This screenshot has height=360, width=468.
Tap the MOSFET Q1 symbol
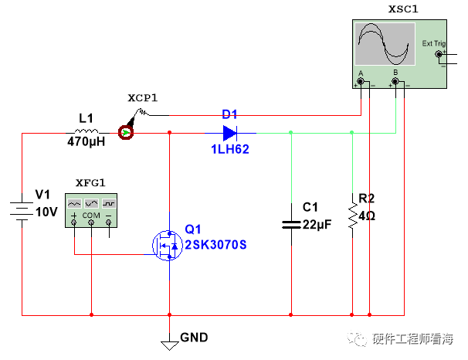coord(167,244)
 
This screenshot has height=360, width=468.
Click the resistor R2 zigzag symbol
coord(352,217)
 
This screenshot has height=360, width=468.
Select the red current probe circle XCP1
coord(125,133)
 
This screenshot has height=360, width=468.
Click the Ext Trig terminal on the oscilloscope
coord(440,54)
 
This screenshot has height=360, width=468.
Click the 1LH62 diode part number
coord(230,150)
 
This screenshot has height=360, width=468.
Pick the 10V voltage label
coord(47,211)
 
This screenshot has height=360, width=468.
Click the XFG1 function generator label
coord(90,182)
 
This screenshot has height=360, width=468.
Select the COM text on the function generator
coord(91,214)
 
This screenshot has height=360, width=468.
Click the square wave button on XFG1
coord(109,202)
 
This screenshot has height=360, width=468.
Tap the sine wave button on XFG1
coord(74,202)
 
